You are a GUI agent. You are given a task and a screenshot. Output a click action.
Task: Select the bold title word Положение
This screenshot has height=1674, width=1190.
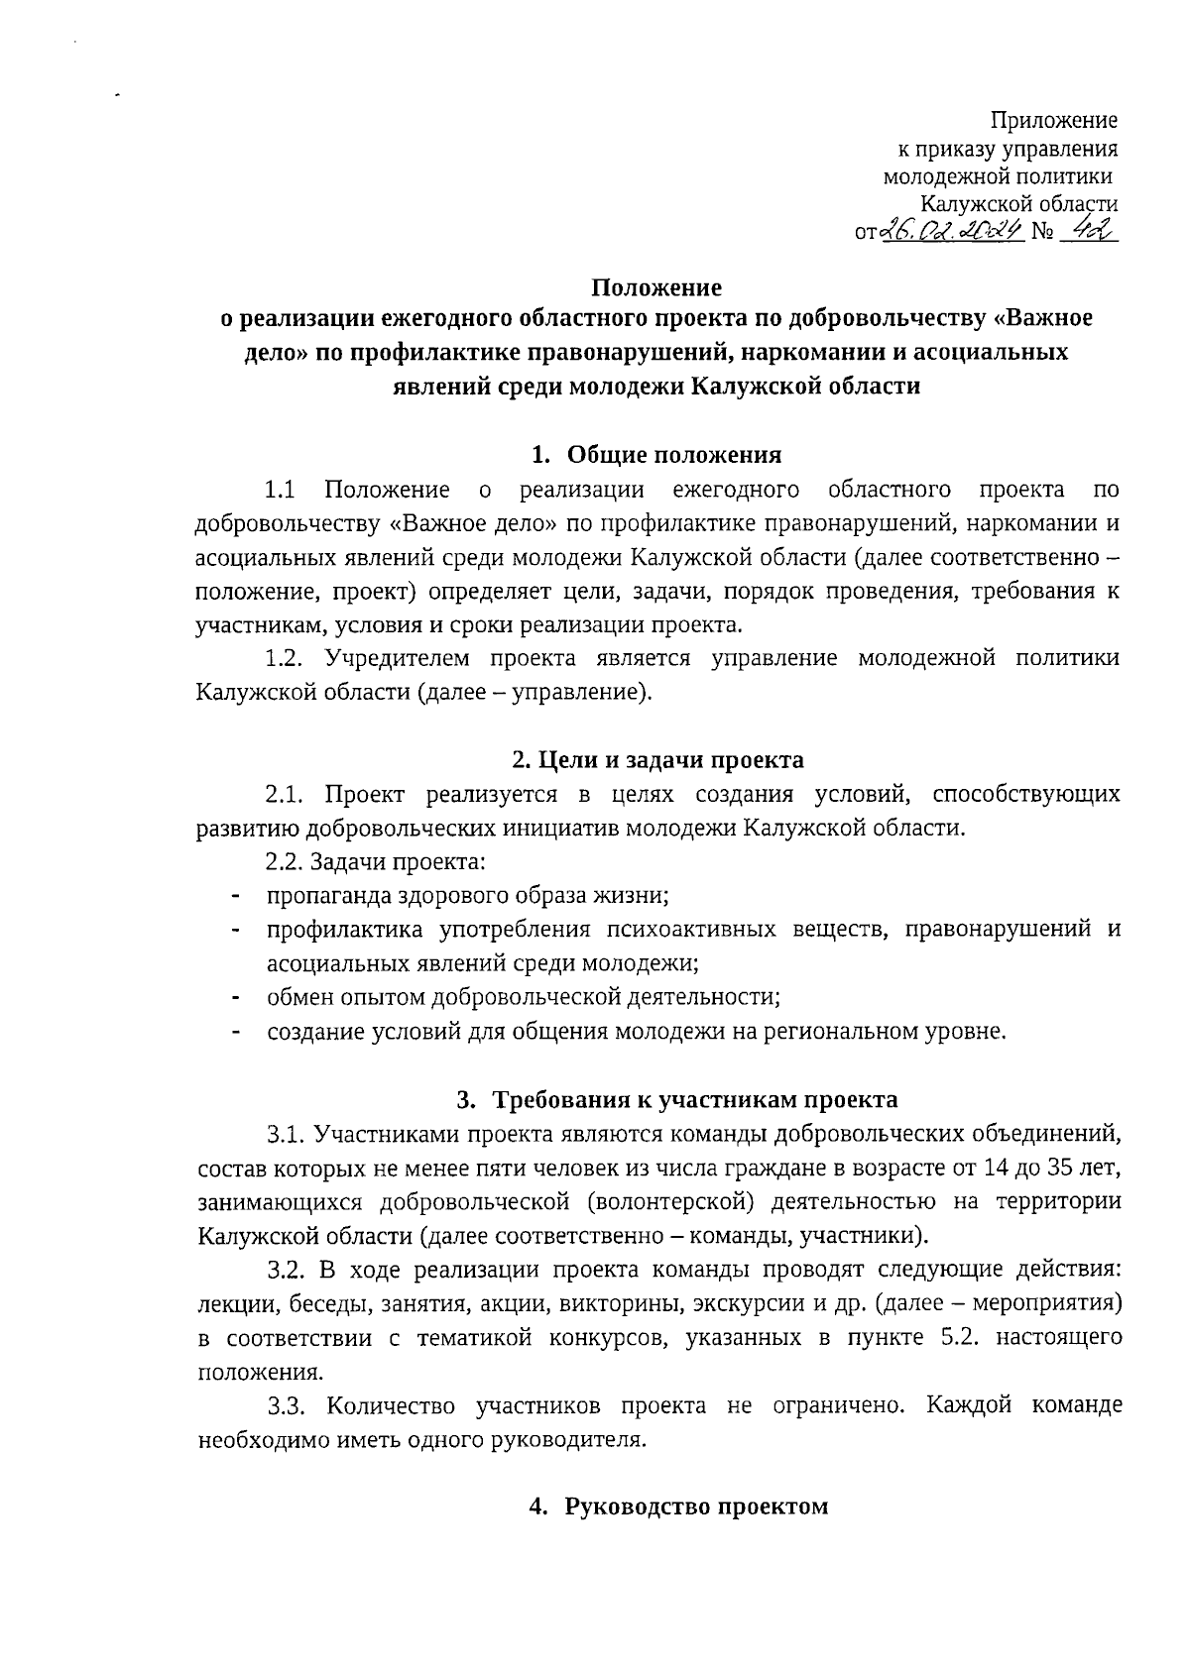tap(656, 287)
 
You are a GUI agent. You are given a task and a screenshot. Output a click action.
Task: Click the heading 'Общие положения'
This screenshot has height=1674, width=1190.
tap(674, 455)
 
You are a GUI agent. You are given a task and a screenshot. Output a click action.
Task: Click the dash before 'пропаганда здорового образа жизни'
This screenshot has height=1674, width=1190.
tap(236, 896)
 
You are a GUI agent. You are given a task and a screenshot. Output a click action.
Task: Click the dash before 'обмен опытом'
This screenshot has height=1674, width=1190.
tap(236, 997)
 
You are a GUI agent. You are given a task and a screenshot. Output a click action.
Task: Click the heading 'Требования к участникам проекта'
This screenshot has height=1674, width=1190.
tap(695, 1099)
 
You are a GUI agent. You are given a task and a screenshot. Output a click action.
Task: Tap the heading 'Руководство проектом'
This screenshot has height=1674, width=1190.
tap(695, 1507)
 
